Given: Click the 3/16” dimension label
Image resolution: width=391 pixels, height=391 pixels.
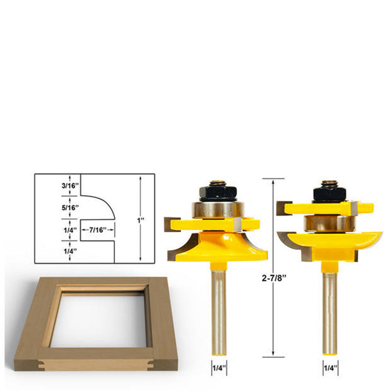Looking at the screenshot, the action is (x=70, y=186).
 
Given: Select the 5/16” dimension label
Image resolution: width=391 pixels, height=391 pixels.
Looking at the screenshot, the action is (x=70, y=208).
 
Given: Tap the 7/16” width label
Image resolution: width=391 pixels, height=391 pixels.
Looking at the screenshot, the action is (x=98, y=230).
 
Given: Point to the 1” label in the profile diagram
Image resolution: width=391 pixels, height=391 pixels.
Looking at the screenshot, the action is (x=141, y=221).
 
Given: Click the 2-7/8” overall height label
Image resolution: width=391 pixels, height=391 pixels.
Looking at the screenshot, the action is (x=273, y=278).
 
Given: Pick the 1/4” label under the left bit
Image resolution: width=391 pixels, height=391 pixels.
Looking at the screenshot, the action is (x=219, y=368).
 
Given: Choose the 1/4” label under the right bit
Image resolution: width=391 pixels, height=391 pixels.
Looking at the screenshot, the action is (x=330, y=368).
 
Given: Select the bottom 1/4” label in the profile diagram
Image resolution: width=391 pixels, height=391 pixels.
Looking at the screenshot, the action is (x=70, y=251).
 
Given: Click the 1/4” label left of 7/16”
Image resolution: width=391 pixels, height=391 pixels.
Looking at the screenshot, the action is (x=70, y=230).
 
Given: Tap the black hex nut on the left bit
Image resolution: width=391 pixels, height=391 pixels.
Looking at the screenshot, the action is (x=218, y=193).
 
